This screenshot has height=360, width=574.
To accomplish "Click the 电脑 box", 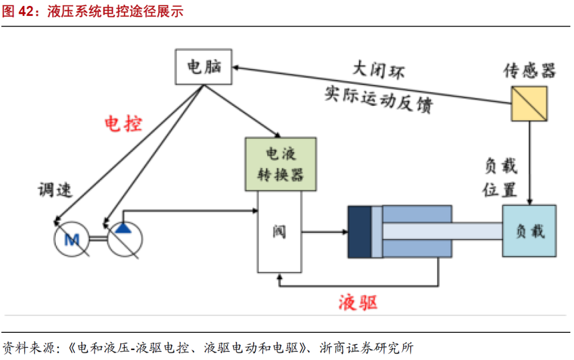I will point(205,67).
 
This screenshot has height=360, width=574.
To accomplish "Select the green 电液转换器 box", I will point(280,164).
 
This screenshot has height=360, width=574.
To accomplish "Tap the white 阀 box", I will point(279,232).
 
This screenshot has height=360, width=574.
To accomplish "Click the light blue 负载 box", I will point(529,231).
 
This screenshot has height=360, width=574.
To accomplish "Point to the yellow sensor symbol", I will point(528,103).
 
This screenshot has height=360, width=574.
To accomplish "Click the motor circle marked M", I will point(72,240).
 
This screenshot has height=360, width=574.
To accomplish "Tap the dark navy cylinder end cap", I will point(359,232).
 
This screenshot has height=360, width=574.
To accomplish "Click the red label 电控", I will point(123,124).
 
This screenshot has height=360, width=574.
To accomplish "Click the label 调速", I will point(55,190).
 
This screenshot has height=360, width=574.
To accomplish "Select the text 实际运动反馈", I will point(378,98).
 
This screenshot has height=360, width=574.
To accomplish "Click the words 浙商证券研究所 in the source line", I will point(367,348).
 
